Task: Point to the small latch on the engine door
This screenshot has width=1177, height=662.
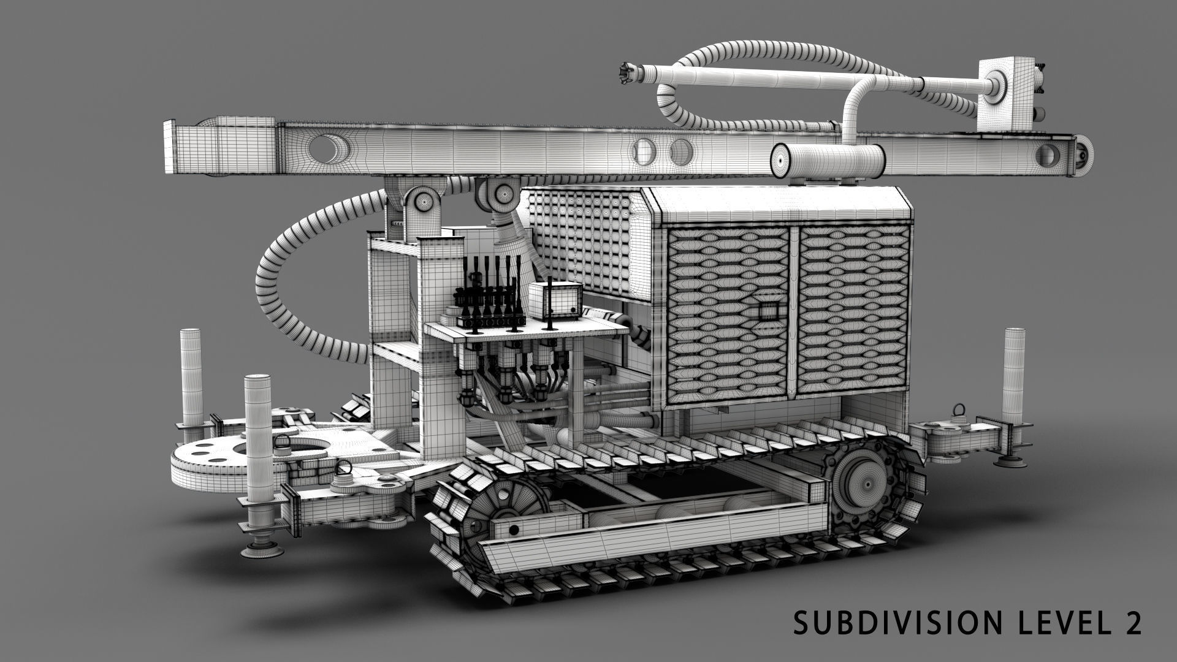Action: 767,312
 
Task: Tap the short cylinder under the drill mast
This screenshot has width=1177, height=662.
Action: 828,162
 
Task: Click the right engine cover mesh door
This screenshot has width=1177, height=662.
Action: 852,313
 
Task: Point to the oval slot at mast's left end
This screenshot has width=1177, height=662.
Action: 325,148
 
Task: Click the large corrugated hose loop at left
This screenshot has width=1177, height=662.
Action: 288,276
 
